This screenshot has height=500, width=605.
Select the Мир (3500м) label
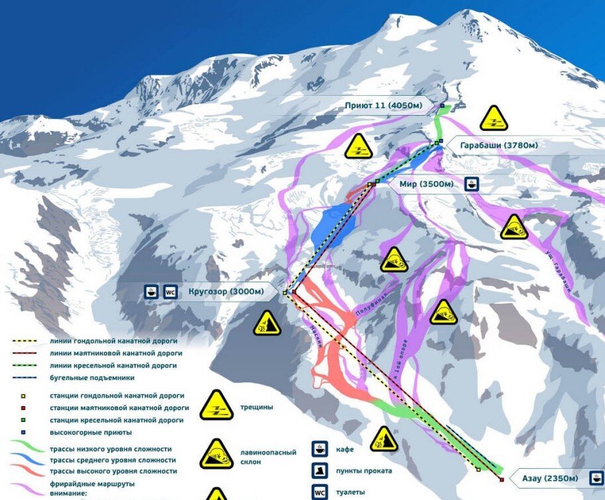coord(426,184)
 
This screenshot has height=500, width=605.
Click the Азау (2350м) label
coord(548,478)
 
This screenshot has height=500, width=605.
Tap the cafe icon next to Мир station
coord(471,184)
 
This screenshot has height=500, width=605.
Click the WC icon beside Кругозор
coord(170,291)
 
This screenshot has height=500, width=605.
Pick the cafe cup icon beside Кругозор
coord(152,291)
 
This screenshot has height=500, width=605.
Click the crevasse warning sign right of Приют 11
coord(493,118)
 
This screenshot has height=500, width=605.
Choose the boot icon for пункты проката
coord(320,471)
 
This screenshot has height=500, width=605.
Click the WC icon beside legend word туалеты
coord(320,492)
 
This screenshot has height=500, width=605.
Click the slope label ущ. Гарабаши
coord(557,271)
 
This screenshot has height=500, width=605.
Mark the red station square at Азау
coord(502,479)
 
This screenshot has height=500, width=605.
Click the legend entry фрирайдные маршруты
coord(93,483)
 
